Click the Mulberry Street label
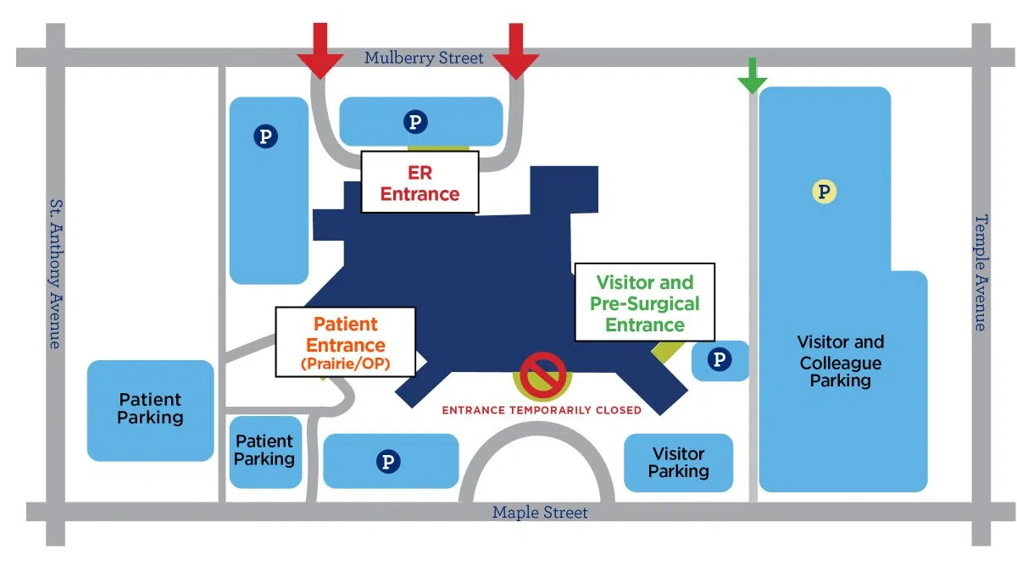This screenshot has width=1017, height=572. tap(424, 58)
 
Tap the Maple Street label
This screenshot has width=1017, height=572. tap(540, 513)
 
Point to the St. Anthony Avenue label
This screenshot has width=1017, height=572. tap(54, 274)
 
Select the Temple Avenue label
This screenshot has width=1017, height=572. tap(981, 272)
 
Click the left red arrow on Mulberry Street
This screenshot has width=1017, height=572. tap(320, 53)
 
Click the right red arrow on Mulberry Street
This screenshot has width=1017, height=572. tap(515, 53)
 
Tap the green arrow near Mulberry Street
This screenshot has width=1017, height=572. tap(752, 76)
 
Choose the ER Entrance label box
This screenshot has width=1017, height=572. tap(420, 183)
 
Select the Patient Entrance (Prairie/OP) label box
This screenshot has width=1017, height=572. tap(346, 342)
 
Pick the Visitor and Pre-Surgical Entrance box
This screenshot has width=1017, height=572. tap(645, 303)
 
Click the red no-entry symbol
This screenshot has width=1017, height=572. tap(542, 375)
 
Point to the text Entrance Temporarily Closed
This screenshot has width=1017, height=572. tap(542, 410)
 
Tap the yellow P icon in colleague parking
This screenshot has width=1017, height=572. tap(824, 192)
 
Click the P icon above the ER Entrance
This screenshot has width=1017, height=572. tap(414, 122)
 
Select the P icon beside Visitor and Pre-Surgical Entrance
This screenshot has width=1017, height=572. tap(720, 360)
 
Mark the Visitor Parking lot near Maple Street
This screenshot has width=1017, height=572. tap(678, 463)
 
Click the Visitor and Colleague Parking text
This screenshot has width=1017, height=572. tap(840, 362)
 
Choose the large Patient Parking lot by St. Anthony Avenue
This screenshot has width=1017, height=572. tap(150, 410)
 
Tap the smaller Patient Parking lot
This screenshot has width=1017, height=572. tap(264, 451)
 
